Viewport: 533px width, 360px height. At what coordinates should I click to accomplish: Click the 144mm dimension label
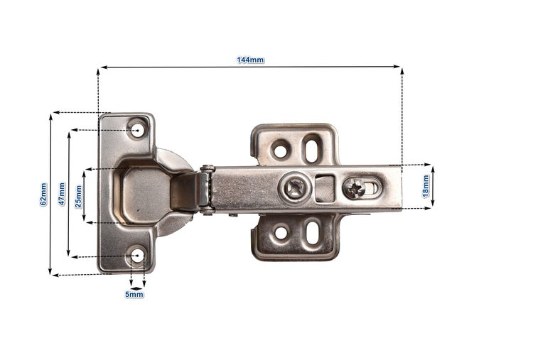pyautogui.click(x=251, y=60)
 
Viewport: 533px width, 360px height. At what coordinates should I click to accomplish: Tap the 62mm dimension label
pyautogui.click(x=43, y=195)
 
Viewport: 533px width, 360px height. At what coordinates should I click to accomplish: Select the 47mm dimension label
pyautogui.click(x=62, y=194)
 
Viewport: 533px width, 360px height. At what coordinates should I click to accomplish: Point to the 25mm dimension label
pyautogui.click(x=78, y=197)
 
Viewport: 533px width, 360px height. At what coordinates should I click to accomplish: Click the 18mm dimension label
pyautogui.click(x=426, y=186)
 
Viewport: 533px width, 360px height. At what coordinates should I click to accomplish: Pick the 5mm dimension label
pyautogui.click(x=134, y=295)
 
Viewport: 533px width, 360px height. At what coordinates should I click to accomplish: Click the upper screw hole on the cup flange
pyautogui.click(x=138, y=131)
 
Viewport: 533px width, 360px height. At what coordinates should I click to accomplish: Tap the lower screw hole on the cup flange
pyautogui.click(x=138, y=256)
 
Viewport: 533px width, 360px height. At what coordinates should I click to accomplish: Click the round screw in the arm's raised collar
pyautogui.click(x=294, y=188)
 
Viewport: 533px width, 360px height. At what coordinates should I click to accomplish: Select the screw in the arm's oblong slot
pyautogui.click(x=354, y=188)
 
